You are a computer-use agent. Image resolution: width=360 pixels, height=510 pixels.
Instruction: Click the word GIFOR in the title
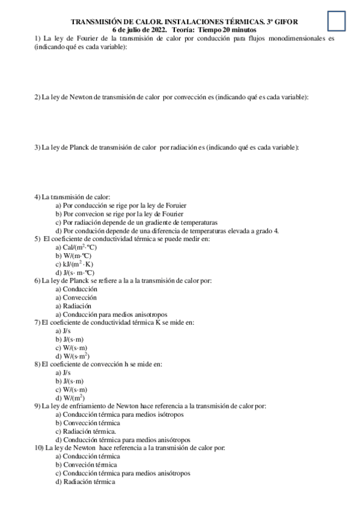coord(285,22)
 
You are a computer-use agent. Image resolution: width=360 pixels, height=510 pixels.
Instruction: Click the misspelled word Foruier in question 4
coord(194,205)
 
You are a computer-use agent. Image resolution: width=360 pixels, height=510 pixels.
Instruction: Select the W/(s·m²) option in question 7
coord(76,356)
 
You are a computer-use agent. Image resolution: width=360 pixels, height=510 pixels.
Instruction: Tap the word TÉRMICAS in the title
coord(237,22)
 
